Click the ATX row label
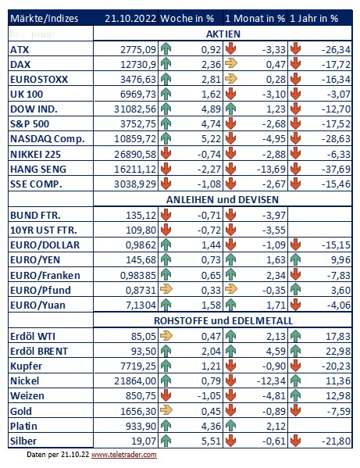(x=20, y=49)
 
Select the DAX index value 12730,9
(x=138, y=65)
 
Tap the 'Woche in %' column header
(x=187, y=19)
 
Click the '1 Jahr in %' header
(x=314, y=19)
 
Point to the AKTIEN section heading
(x=223, y=34)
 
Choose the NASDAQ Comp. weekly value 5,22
(x=211, y=139)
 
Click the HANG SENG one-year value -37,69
(x=336, y=170)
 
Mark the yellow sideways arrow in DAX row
(x=231, y=63)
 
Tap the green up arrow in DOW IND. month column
(x=230, y=109)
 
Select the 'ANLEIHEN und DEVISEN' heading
(x=223, y=200)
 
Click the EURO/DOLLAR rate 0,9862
(x=141, y=245)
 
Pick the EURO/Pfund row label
(x=41, y=290)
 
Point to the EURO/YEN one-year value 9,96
(x=340, y=260)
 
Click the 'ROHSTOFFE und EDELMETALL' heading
(x=223, y=321)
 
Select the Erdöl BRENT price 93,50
(x=144, y=352)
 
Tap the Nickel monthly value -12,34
(x=271, y=381)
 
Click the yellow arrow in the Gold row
(x=166, y=410)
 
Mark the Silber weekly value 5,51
(x=211, y=441)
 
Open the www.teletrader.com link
(x=124, y=455)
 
